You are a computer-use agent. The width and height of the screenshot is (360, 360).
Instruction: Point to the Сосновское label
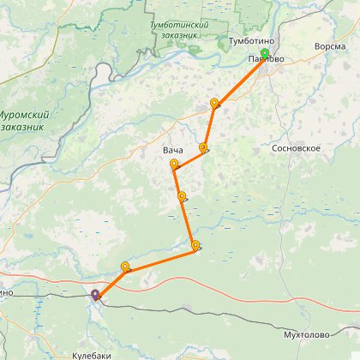tap(295, 148)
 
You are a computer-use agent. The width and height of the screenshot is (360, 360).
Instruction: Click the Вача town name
tap(172, 151)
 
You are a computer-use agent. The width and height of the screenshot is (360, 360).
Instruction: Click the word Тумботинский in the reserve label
tap(179, 27)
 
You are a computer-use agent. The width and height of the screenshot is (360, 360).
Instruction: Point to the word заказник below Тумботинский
tap(179, 38)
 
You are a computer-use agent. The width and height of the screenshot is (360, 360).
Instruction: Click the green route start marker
tap(265, 53)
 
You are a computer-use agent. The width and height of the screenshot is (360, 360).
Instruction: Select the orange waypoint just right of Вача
tap(203, 147)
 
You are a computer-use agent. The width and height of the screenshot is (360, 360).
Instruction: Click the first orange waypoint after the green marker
tap(214, 103)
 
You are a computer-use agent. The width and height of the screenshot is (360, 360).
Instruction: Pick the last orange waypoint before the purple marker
tap(126, 267)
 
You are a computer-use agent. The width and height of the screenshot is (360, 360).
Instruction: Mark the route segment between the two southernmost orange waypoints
tap(161, 258)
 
